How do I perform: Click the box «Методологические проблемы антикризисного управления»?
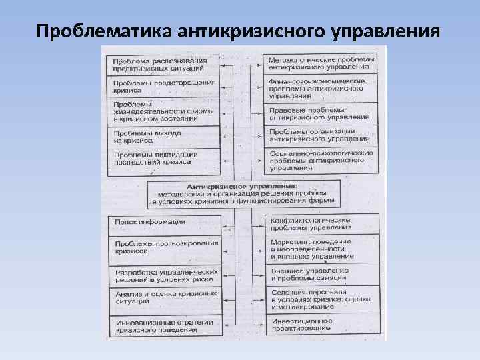[321, 64]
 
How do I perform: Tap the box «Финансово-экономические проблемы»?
[321, 87]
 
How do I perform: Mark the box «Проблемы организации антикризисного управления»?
[321, 135]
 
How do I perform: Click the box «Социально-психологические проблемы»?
[321, 160]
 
